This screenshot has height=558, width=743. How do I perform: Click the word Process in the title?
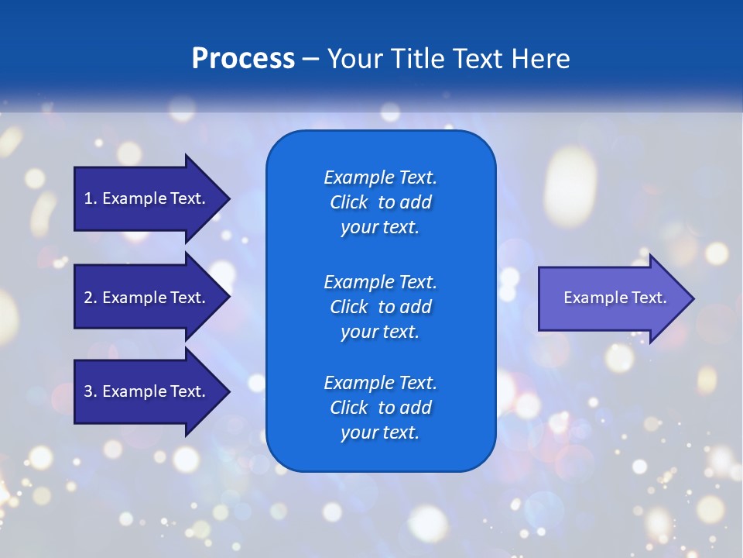click(243, 59)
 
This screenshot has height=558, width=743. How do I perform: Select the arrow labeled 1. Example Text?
click(147, 198)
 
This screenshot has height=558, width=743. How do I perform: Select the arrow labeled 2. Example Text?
click(147, 298)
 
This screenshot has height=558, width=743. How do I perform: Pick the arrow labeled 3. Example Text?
click(147, 391)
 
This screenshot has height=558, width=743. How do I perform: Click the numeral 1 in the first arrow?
click(88, 198)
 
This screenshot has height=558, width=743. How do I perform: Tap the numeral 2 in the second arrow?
click(88, 298)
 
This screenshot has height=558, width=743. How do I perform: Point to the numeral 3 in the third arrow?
click(88, 391)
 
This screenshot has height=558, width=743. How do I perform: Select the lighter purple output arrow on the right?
click(611, 298)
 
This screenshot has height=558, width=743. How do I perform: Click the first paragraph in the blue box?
click(380, 202)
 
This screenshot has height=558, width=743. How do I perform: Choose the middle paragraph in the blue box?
click(380, 307)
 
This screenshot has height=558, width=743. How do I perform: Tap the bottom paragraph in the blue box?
click(380, 408)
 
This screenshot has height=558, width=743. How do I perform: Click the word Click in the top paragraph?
click(348, 202)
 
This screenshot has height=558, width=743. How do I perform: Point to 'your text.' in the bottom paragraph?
click(380, 432)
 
